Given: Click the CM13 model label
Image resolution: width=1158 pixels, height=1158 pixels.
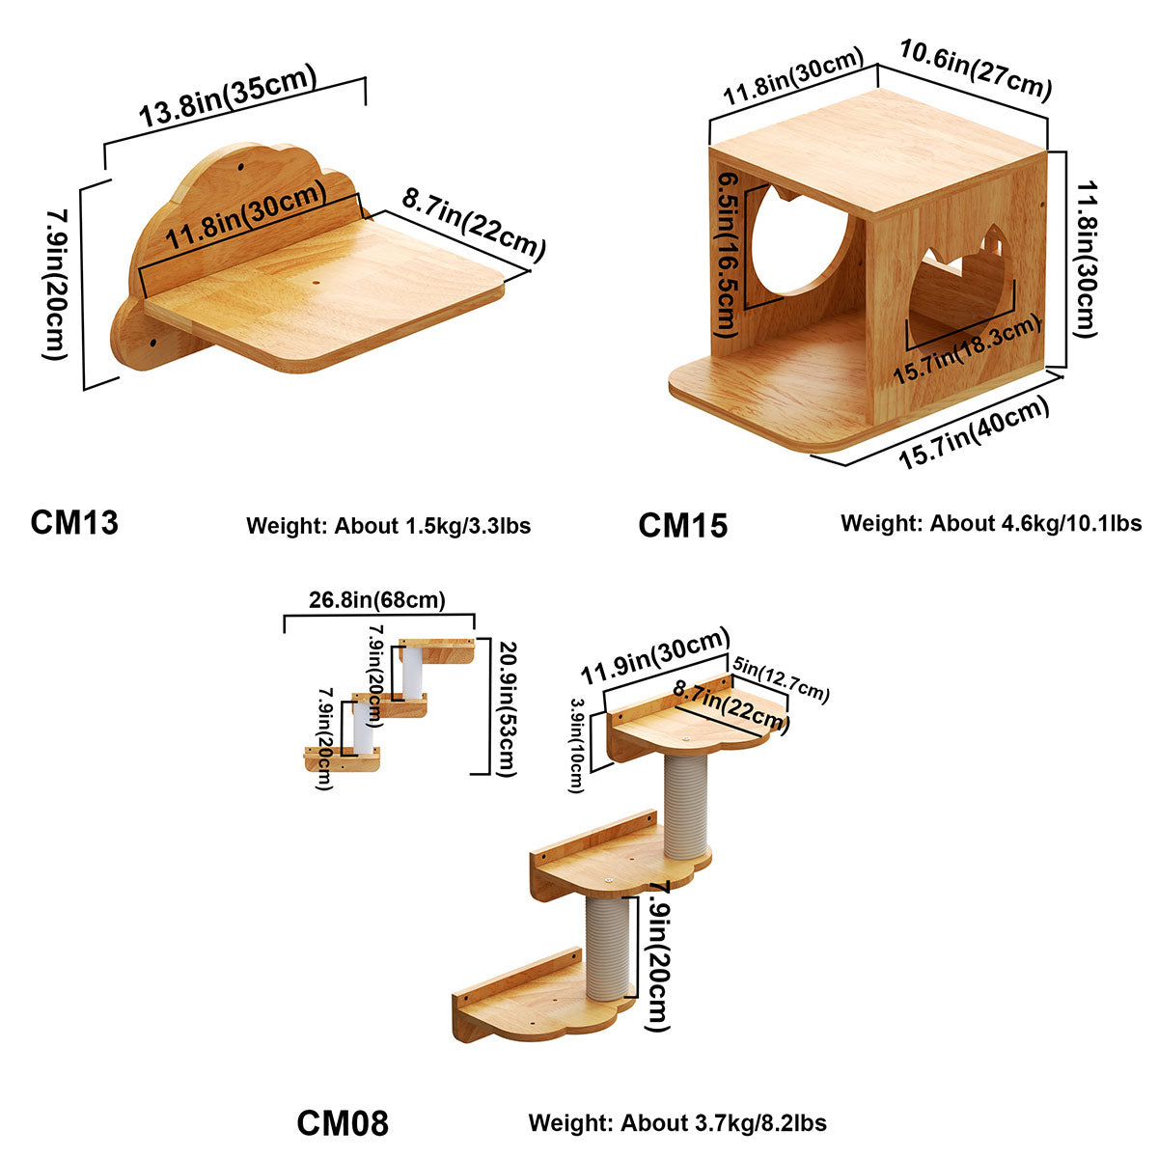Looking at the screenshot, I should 74,522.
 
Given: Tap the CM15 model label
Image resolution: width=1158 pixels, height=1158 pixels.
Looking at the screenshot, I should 682,526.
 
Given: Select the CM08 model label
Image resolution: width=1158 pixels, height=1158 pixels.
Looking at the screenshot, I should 342,1123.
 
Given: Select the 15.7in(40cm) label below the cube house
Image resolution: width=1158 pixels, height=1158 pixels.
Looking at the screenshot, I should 974,434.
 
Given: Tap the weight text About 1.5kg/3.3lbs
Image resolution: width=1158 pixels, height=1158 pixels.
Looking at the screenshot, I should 388,526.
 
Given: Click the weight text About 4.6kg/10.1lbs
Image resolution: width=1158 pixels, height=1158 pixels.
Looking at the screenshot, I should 990,523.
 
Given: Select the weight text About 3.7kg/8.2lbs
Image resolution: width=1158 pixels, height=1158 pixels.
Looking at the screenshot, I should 676,1123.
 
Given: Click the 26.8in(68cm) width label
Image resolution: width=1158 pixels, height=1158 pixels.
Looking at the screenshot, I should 377,600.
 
